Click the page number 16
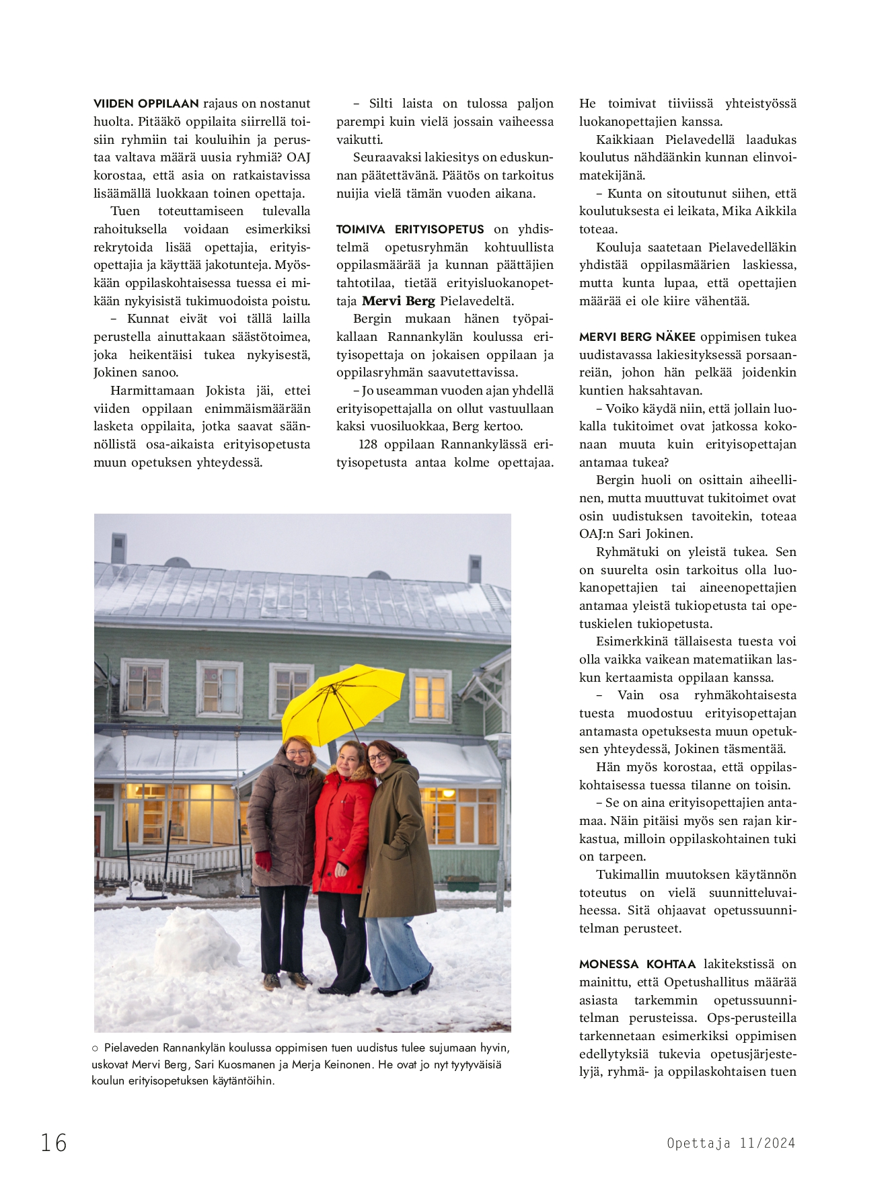tap(54, 1142)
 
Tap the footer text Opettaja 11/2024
tap(731, 1143)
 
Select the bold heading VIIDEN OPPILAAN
tap(146, 104)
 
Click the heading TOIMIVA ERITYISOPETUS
tap(410, 229)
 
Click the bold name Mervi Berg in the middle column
tap(398, 301)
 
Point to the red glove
tap(262, 860)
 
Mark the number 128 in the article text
tap(367, 444)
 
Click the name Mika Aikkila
tap(759, 211)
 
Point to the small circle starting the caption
tap(95, 1048)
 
